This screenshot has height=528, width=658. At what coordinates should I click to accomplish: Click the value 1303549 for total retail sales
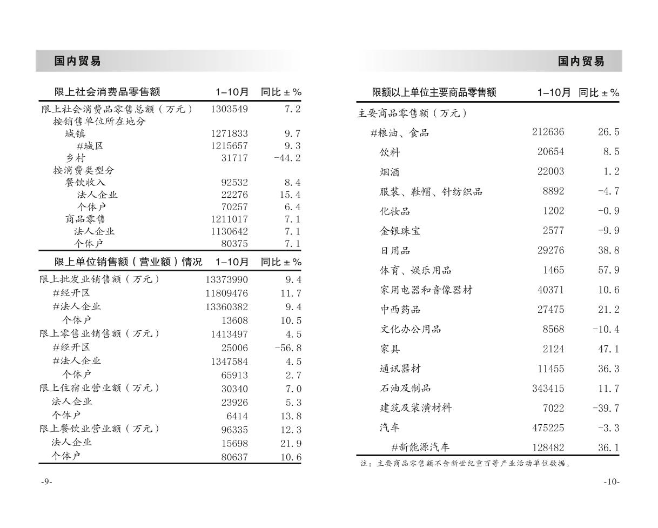tap(229, 109)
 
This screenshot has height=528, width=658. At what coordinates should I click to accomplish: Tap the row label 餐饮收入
tap(85, 182)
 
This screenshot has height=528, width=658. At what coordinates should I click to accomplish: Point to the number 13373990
tap(226, 279)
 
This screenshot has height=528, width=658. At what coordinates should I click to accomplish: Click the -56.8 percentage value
tap(287, 347)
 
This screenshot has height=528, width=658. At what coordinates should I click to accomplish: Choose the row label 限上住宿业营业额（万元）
tap(100, 388)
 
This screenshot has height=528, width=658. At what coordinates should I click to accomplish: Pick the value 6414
tap(237, 416)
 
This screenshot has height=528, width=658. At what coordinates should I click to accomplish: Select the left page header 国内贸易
tap(78, 61)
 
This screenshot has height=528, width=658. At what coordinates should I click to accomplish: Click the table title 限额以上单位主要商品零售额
tap(434, 92)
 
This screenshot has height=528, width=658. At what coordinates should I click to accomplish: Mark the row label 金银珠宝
tap(400, 231)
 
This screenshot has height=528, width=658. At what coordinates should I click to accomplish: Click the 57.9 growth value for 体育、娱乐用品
tap(608, 270)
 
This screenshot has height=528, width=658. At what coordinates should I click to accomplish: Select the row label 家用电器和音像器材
tap(426, 290)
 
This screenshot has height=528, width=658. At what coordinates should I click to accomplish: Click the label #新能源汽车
tap(420, 447)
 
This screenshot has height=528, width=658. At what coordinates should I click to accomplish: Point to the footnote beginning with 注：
tap(466, 463)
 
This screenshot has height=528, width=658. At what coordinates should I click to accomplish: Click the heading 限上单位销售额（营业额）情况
tap(128, 262)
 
